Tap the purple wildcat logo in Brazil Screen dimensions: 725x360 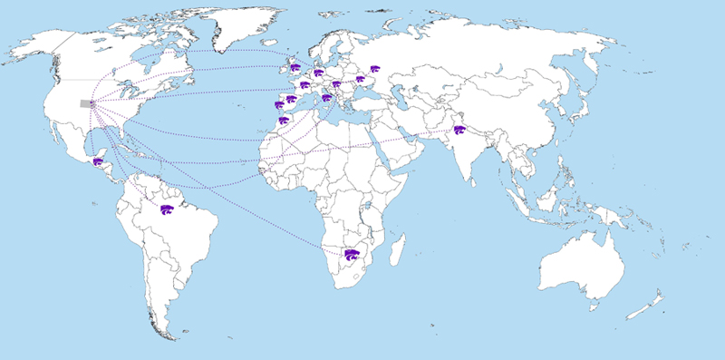pos(167,209)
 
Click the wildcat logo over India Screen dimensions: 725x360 pos(459,131)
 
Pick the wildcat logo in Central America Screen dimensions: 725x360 pos(98,161)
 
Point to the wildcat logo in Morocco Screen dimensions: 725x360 pos(284,120)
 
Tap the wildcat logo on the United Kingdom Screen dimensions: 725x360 pos(295,66)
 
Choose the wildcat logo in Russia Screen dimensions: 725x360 pos(374,68)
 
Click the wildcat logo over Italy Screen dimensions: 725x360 pos(326,97)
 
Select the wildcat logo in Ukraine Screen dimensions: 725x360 pos(360,80)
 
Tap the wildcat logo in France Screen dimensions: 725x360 pos(305,87)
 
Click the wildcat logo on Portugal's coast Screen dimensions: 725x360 pos(279,104)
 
